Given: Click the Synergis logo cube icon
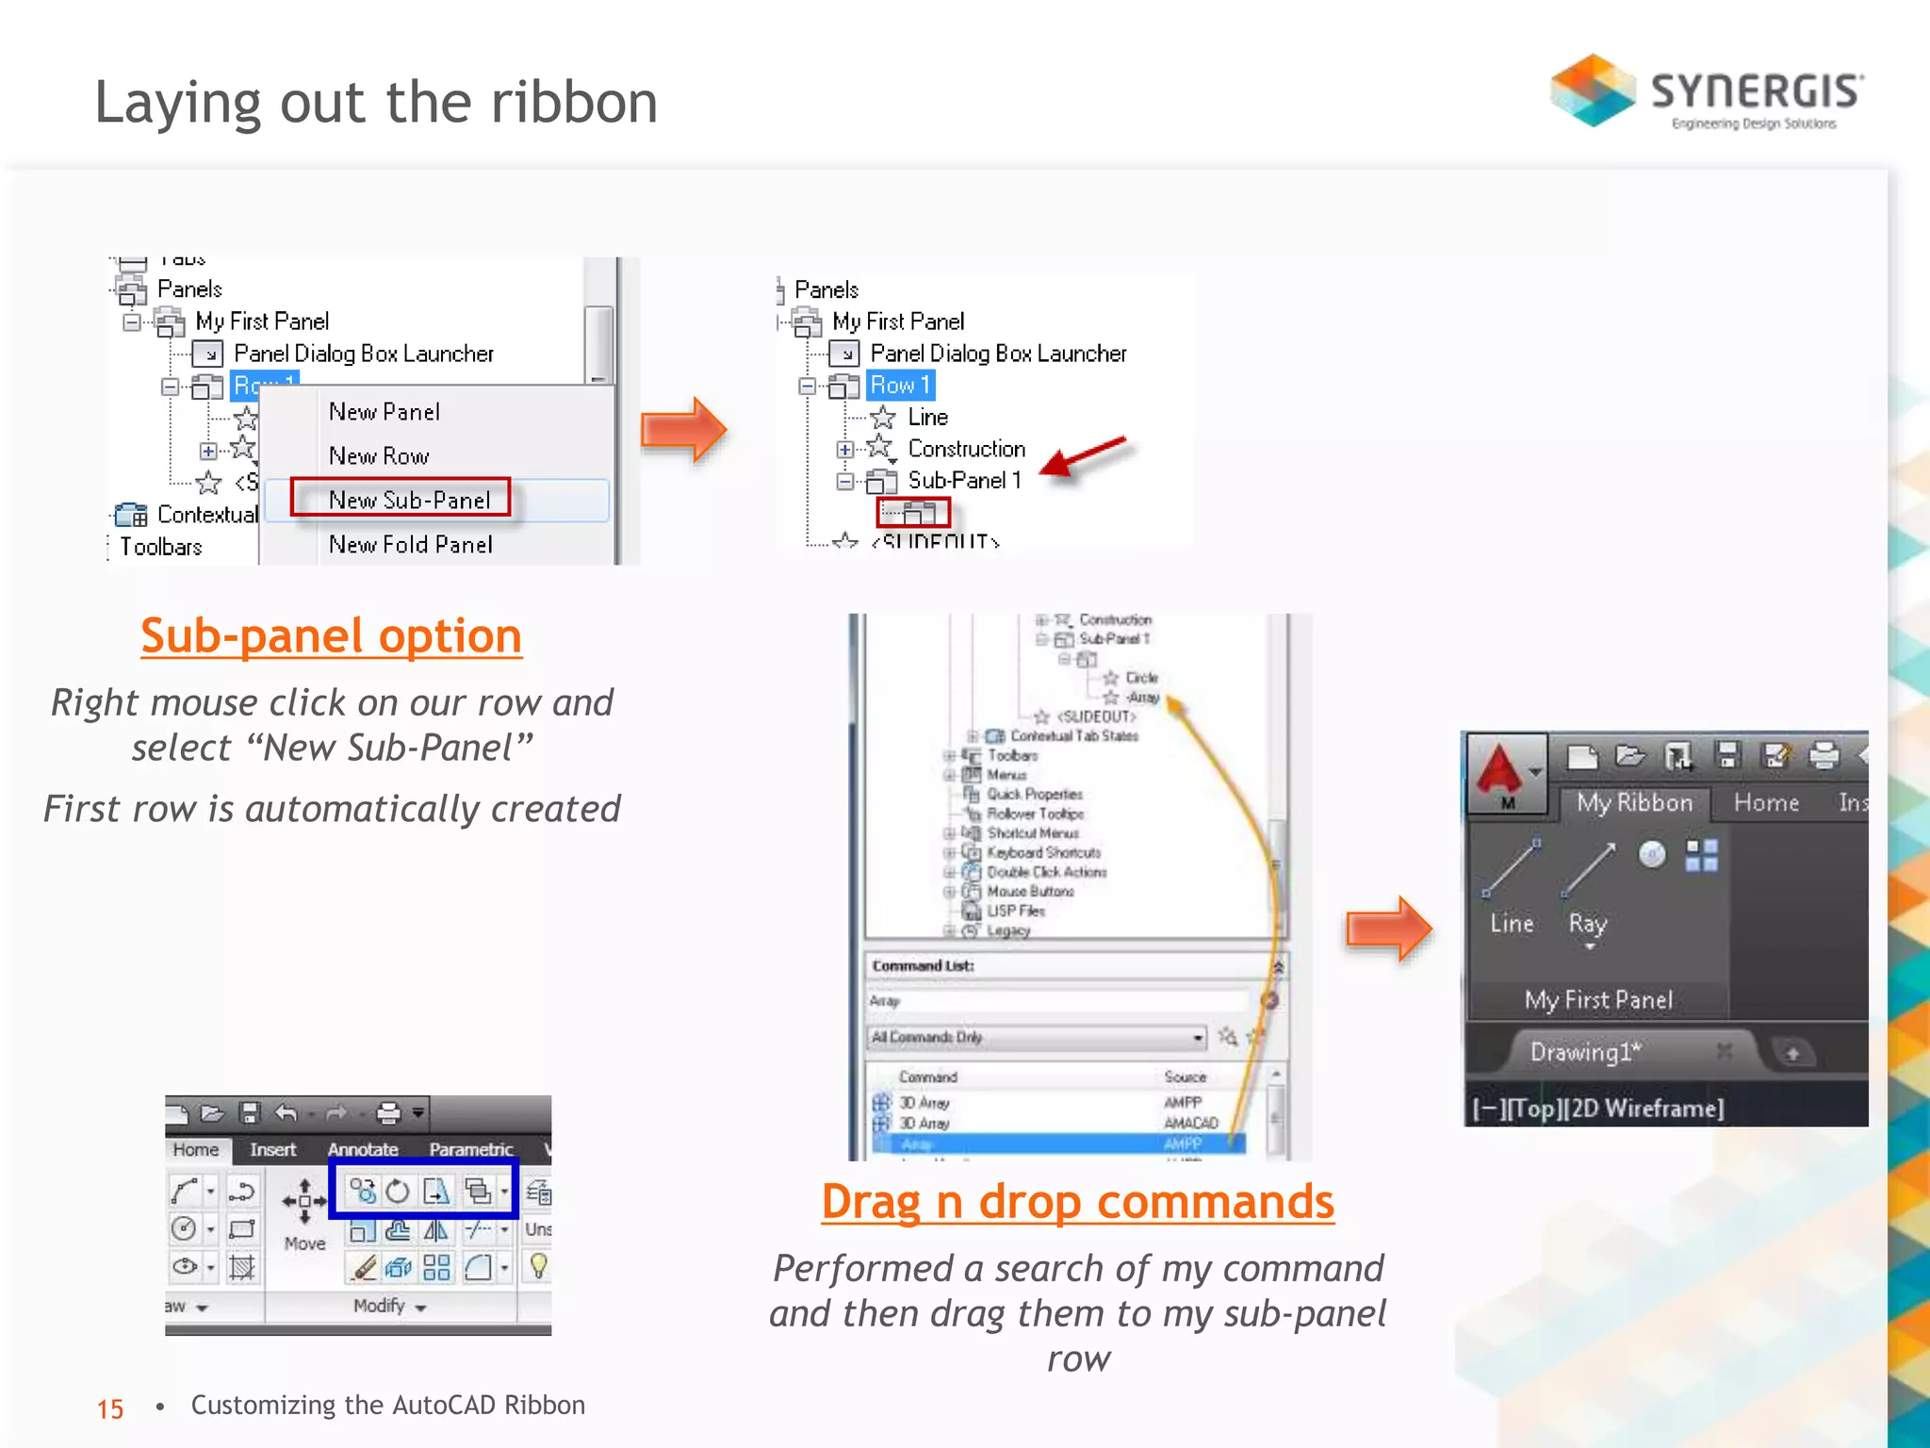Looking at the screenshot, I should pyautogui.click(x=1593, y=90).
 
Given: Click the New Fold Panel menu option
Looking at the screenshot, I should pyautogui.click(x=410, y=544).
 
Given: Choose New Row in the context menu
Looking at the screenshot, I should pyautogui.click(x=379, y=455).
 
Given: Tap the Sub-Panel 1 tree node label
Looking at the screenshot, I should pyautogui.click(x=964, y=480).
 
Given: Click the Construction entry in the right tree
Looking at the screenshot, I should pyautogui.click(x=966, y=449).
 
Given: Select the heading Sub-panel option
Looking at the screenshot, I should pyautogui.click(x=331, y=635).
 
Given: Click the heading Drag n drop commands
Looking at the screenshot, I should pyautogui.click(x=1077, y=1201).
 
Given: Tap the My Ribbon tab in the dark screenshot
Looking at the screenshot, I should pyautogui.click(x=1634, y=802).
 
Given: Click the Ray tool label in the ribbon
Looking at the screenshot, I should pyautogui.click(x=1587, y=923).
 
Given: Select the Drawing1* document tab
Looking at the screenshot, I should pyautogui.click(x=1585, y=1051).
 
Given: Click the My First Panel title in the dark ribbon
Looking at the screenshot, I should pyautogui.click(x=1598, y=999).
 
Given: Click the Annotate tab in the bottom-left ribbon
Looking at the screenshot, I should pyautogui.click(x=363, y=1149).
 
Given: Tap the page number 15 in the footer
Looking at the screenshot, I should pyautogui.click(x=110, y=1408).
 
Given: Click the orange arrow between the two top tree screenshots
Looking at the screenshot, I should pyautogui.click(x=683, y=430).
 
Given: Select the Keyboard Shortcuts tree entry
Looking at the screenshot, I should pyautogui.click(x=1043, y=852).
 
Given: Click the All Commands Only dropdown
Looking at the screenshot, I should pyautogui.click(x=1037, y=1037).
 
